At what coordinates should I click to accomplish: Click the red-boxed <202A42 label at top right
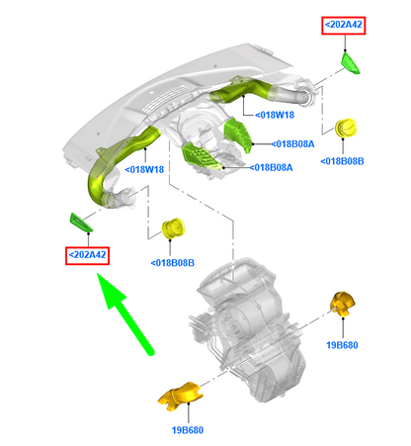(x=344, y=25)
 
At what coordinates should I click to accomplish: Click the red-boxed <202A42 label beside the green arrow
(x=87, y=255)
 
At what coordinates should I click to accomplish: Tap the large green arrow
(x=126, y=314)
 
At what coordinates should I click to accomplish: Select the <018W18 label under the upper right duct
(x=275, y=115)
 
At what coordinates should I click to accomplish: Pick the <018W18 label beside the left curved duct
(x=144, y=170)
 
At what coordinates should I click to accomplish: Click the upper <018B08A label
(x=292, y=144)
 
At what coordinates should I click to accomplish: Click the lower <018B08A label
(x=271, y=168)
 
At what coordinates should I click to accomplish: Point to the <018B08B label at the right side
(x=342, y=161)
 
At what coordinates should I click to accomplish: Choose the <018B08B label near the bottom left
(x=172, y=263)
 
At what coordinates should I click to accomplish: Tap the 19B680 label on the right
(x=342, y=345)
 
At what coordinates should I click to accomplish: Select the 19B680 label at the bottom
(x=188, y=430)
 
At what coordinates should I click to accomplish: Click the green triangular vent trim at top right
(x=350, y=63)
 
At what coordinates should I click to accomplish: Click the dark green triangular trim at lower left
(x=81, y=223)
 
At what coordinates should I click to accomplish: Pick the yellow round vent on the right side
(x=346, y=128)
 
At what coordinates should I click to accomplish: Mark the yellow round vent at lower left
(x=173, y=228)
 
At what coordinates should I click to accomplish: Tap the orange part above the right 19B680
(x=343, y=304)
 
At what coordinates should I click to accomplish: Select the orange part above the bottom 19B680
(x=181, y=397)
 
